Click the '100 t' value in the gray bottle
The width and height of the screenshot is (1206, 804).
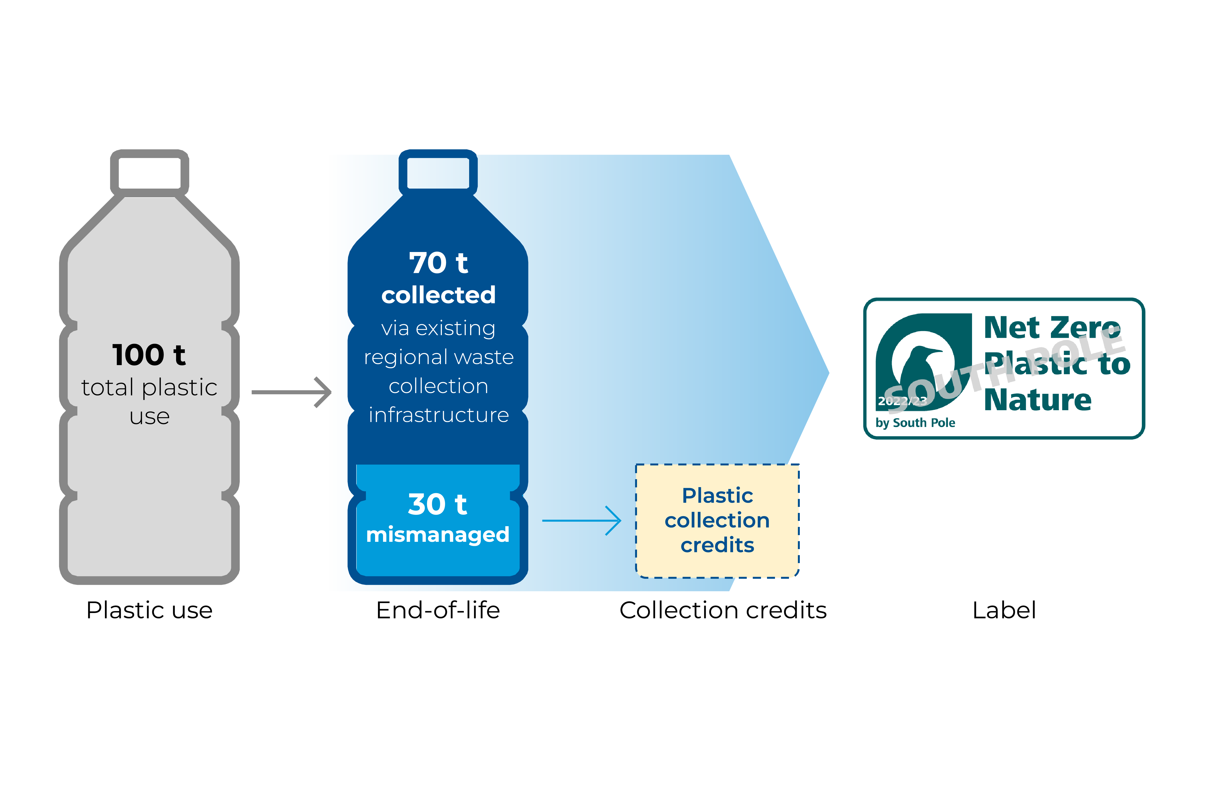click(149, 355)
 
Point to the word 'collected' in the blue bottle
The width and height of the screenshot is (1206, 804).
click(439, 295)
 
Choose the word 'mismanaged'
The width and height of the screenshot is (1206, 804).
click(437, 535)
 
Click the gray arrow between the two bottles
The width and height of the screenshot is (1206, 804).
click(291, 392)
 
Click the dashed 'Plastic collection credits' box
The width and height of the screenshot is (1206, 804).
click(717, 520)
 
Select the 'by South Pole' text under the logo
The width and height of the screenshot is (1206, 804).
click(915, 423)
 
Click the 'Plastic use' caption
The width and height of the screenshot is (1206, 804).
click(149, 610)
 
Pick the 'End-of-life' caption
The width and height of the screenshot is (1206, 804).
click(438, 610)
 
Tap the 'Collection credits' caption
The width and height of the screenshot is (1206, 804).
click(723, 610)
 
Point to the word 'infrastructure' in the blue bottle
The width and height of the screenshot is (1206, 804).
click(439, 415)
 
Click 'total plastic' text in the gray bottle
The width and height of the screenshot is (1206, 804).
click(149, 387)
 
